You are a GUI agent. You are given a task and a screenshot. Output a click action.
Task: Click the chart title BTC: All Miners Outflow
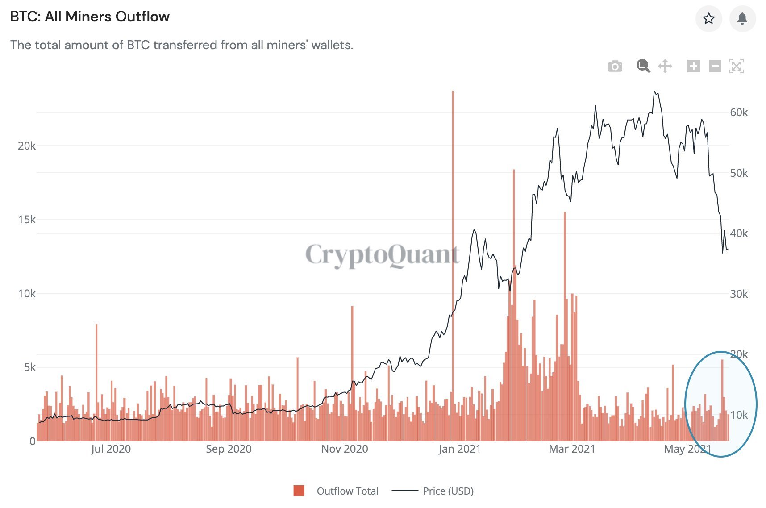pyautogui.click(x=90, y=17)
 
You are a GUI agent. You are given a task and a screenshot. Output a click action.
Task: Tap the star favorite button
pyautogui.click(x=708, y=19)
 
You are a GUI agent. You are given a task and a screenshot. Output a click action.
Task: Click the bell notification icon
pyautogui.click(x=742, y=19)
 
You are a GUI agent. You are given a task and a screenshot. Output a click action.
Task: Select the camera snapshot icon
pyautogui.click(x=615, y=67)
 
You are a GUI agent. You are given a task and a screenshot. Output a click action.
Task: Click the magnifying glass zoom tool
pyautogui.click(x=643, y=66)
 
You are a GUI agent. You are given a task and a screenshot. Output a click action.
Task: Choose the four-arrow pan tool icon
pyautogui.click(x=665, y=67)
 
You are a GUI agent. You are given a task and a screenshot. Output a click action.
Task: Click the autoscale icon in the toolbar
pyautogui.click(x=736, y=67)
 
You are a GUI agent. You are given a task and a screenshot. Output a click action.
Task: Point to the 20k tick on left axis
pyautogui.click(x=26, y=146)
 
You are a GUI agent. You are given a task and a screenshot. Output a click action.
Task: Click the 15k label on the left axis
pyautogui.click(x=26, y=220)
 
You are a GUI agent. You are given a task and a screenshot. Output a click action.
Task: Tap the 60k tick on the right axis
pyautogui.click(x=739, y=112)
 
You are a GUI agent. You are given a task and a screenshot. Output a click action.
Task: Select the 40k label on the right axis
pyautogui.click(x=739, y=233)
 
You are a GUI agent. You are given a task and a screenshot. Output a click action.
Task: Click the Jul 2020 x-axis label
pyautogui.click(x=111, y=449)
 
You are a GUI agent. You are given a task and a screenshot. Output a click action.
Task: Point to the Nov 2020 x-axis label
pyautogui.click(x=345, y=449)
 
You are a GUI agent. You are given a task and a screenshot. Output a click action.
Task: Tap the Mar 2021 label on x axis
pyautogui.click(x=572, y=449)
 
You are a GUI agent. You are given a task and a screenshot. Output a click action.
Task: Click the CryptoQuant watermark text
pyautogui.click(x=382, y=255)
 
